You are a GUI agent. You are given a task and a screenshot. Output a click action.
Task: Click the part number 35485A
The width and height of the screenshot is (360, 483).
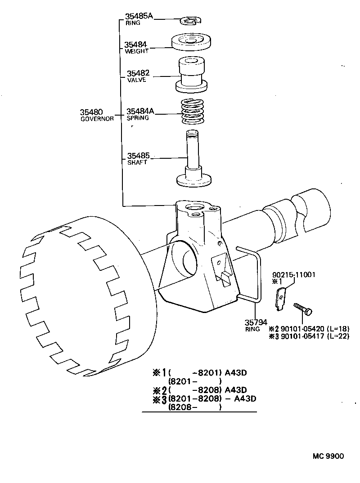click(139, 17)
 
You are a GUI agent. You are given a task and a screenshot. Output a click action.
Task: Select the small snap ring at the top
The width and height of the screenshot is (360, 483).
click(191, 20)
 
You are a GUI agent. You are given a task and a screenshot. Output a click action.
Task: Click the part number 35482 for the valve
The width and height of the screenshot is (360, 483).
click(138, 74)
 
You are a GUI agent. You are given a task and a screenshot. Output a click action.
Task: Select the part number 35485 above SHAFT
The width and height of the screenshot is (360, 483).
click(138, 156)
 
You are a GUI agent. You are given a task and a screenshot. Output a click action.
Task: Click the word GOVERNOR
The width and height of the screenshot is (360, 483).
click(97, 119)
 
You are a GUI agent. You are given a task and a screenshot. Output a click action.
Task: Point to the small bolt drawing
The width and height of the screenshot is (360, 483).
click(303, 309)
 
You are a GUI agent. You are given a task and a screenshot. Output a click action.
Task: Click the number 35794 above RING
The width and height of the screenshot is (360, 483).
click(256, 322)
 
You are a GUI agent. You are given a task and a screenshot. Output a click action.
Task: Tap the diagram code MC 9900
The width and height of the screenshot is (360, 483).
click(328, 456)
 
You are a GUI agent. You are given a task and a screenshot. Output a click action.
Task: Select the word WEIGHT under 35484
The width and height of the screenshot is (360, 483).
click(136, 51)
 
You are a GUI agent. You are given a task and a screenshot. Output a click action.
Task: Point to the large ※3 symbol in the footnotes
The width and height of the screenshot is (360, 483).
click(160, 399)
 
